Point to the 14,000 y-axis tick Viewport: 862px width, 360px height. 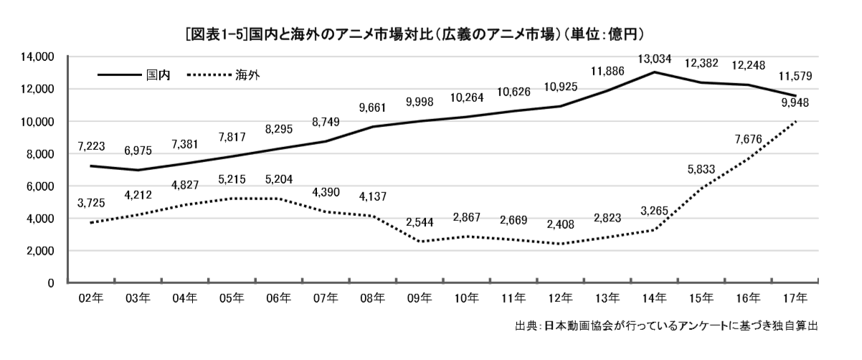point(37,57)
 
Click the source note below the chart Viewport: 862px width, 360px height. point(666,326)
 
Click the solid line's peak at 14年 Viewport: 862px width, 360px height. point(655,72)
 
